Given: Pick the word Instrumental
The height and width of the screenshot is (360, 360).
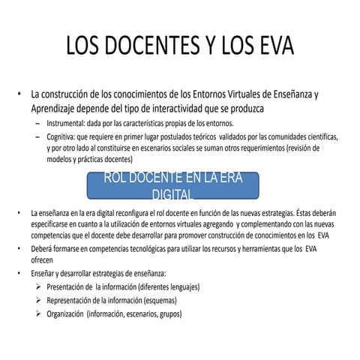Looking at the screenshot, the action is (x=67, y=123).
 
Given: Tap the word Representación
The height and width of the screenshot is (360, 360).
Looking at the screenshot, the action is (x=72, y=300).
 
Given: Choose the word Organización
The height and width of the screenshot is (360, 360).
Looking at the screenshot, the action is (x=65, y=313).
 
